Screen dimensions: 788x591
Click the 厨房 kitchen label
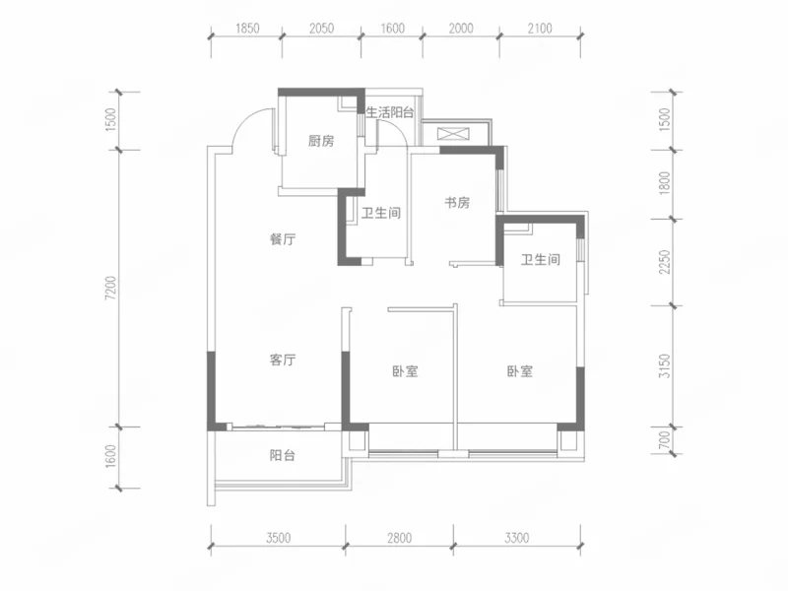[x=321, y=141]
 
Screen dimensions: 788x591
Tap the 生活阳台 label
[x=390, y=112]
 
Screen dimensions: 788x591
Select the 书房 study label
[x=457, y=203]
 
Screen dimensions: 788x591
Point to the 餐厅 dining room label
[x=283, y=239]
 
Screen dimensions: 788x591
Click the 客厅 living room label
[x=283, y=360]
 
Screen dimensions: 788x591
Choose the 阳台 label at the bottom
[x=283, y=455]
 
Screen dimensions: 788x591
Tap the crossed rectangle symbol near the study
[x=453, y=134]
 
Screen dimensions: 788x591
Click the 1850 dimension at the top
[x=248, y=29]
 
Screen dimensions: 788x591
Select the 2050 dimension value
[x=322, y=29]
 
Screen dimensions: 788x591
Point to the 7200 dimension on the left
[x=110, y=289]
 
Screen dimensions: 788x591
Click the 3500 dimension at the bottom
[x=279, y=538]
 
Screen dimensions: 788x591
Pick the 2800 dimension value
[x=400, y=538]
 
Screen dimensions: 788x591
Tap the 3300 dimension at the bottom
[x=516, y=538]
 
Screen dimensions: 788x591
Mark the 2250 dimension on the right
[x=665, y=262]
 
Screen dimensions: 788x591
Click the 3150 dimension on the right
[x=665, y=365]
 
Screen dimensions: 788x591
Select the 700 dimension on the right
[x=665, y=440]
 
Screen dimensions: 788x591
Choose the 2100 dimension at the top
[x=540, y=29]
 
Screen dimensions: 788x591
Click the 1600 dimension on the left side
[x=110, y=456]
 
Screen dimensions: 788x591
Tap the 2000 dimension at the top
[x=461, y=29]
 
